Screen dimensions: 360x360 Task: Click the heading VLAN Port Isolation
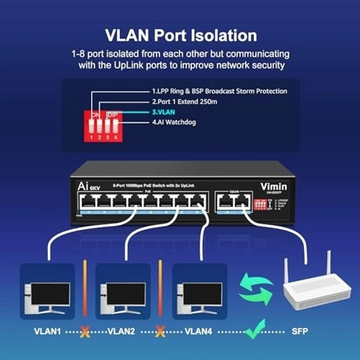(x=180, y=35)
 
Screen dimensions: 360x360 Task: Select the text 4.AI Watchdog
(x=182, y=122)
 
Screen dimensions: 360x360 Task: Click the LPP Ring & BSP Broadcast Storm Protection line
(x=219, y=91)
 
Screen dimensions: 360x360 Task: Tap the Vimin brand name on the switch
(x=273, y=187)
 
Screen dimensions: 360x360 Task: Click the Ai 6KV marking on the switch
(x=85, y=187)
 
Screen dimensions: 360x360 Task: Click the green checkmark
(x=255, y=328)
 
